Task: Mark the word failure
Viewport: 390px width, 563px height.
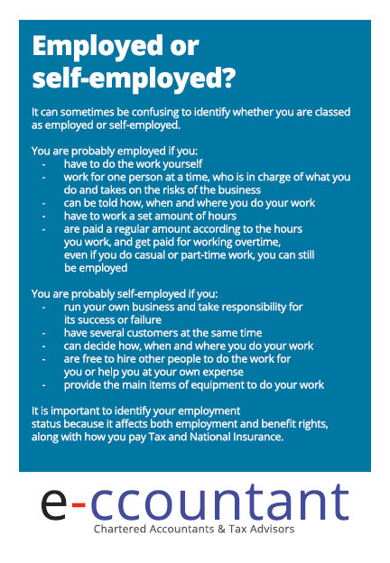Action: [x=143, y=320]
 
